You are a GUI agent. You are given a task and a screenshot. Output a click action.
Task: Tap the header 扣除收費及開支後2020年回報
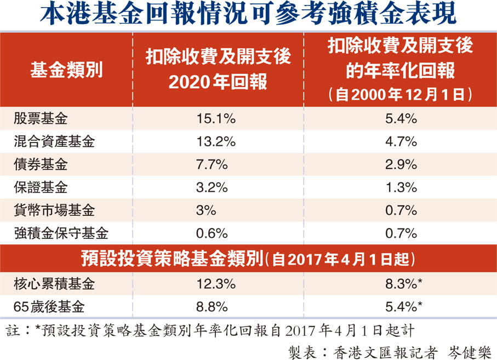(218, 70)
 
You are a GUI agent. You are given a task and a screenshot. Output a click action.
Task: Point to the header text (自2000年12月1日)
(401, 94)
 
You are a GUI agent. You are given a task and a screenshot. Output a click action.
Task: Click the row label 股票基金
(41, 118)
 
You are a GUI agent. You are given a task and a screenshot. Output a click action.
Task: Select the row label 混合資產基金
(54, 141)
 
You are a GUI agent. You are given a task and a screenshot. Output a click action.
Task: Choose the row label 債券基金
(41, 164)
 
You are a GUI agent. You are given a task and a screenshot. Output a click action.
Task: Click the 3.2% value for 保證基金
(213, 187)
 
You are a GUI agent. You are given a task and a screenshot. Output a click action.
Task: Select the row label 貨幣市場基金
(54, 210)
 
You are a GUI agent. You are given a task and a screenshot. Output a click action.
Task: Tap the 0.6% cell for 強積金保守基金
(213, 233)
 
